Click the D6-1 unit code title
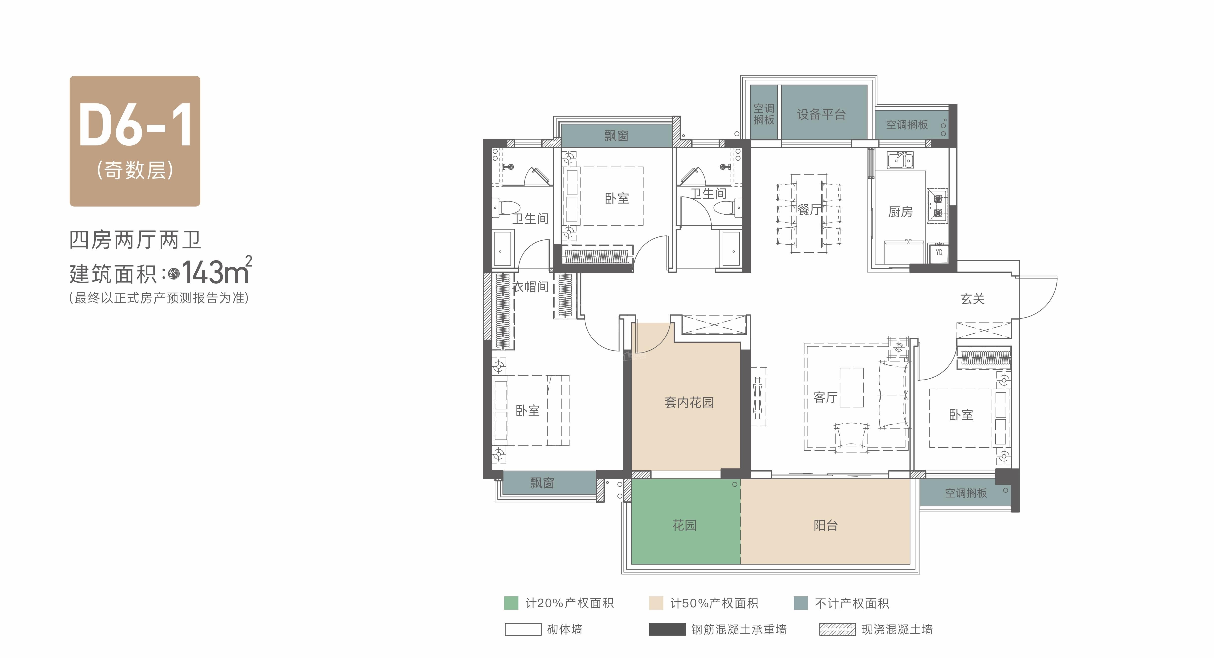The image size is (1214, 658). pos(135,125)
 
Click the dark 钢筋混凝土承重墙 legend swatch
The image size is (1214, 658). pos(667,629)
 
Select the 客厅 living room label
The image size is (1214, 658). pos(826,397)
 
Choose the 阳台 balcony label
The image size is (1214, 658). pos(826,525)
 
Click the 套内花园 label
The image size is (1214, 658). pos(689,402)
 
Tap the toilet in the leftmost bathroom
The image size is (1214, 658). pos(506,207)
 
